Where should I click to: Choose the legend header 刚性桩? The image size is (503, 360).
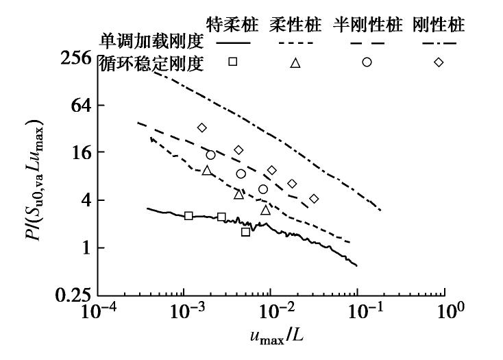(439, 26)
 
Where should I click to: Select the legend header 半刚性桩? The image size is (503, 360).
(367, 26)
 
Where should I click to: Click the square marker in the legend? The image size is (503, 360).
(233, 62)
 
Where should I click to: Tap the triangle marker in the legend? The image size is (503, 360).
(295, 63)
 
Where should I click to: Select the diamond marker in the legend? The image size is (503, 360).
(439, 62)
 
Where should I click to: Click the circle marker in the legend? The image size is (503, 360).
(367, 62)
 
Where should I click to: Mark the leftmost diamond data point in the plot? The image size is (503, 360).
(201, 128)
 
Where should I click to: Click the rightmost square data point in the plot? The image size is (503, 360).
(245, 232)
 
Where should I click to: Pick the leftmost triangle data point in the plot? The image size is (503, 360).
(207, 171)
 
